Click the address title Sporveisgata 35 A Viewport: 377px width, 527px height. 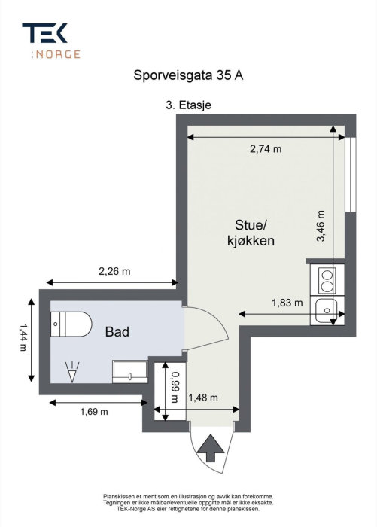[x=188, y=75]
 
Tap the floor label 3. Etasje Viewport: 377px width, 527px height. [x=187, y=106]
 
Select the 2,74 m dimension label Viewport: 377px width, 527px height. [x=265, y=149]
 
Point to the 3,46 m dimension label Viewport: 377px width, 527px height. [x=321, y=225]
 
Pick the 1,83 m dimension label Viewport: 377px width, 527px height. [x=287, y=303]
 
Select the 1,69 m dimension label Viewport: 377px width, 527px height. [x=94, y=411]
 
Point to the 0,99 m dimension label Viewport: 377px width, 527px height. [x=175, y=385]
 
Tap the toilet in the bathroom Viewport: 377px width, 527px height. [x=70, y=324]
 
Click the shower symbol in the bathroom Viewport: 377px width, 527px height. [x=72, y=371]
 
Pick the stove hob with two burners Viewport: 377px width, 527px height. [x=327, y=280]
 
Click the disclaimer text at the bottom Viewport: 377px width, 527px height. [x=188, y=503]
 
